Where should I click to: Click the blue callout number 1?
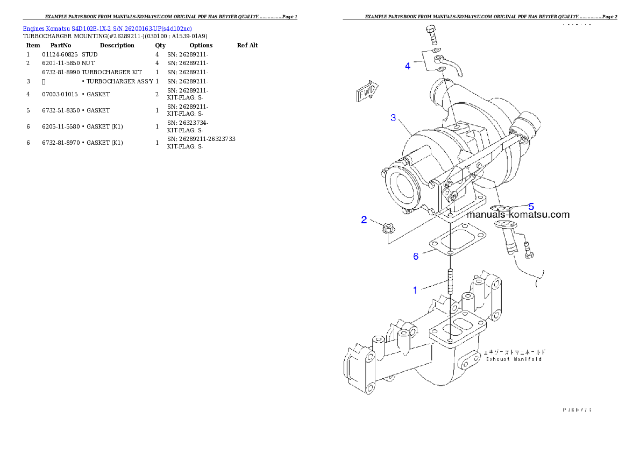point(415,290)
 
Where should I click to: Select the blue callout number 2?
point(364,220)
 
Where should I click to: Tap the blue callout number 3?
point(394,117)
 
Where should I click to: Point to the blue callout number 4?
point(408,66)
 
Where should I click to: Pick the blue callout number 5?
point(531,206)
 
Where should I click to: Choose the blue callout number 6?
point(416,257)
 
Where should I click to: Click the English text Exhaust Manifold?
point(513,359)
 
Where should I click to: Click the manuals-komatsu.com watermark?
point(518,215)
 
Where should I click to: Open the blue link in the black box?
point(107,28)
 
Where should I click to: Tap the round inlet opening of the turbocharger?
point(404,189)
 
